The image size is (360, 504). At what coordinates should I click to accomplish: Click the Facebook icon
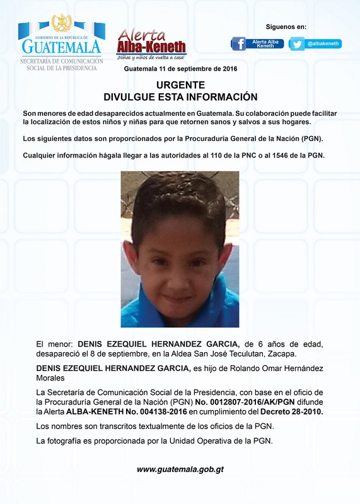click(x=239, y=43)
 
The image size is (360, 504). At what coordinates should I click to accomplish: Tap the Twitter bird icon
click(x=298, y=43)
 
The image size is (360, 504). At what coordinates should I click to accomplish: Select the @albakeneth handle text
click(x=323, y=43)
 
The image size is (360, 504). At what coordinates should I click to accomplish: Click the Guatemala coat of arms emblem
click(x=61, y=24)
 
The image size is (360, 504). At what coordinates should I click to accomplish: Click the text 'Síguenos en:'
click(x=286, y=26)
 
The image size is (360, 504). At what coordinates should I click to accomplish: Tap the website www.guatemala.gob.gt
click(x=180, y=469)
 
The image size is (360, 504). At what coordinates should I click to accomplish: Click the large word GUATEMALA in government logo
click(x=61, y=47)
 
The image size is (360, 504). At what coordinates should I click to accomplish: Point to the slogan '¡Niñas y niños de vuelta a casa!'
click(x=151, y=57)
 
